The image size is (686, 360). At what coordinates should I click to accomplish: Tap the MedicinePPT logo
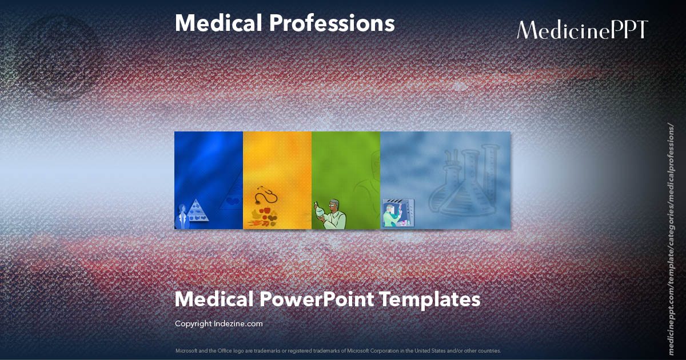pos(582,30)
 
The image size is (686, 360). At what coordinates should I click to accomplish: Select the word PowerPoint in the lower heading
pos(315,299)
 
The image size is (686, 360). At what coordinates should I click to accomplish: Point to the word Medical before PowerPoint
pos(213,299)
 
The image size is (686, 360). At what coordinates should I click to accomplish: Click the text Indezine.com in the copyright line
pos(238,323)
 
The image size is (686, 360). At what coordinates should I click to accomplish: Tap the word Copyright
pos(193,323)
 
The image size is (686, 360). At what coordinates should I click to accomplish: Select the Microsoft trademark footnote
pos(338,350)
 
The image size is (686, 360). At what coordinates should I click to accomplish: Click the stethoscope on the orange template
pos(265,196)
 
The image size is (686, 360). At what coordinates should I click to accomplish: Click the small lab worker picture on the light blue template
pos(398,213)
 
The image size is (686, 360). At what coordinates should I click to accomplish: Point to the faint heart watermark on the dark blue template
pos(231,201)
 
